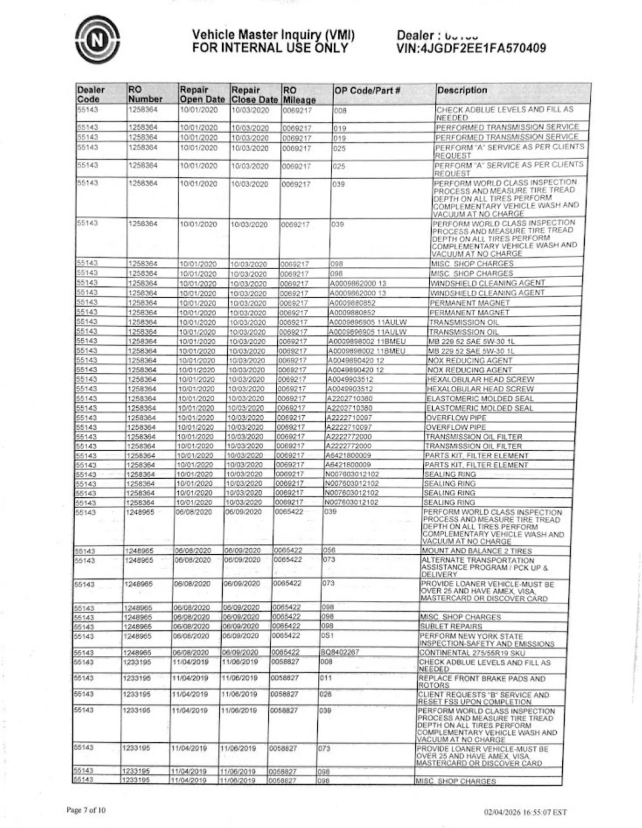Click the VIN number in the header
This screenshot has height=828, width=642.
click(x=471, y=49)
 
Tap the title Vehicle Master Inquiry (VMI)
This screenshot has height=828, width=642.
click(x=273, y=35)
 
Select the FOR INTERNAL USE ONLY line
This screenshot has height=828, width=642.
click(x=270, y=48)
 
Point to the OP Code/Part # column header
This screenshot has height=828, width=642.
click(x=367, y=91)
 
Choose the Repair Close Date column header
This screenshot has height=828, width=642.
click(x=254, y=95)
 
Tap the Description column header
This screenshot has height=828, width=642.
click(x=462, y=90)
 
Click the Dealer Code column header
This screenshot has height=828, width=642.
click(x=91, y=94)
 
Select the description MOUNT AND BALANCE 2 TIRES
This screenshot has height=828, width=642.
click(x=477, y=551)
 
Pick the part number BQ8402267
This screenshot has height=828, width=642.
click(x=340, y=652)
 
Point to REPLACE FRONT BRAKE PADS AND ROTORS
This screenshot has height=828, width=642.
click(x=481, y=682)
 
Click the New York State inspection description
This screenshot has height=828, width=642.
click(x=486, y=640)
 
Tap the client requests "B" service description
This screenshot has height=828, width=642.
click(x=483, y=698)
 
